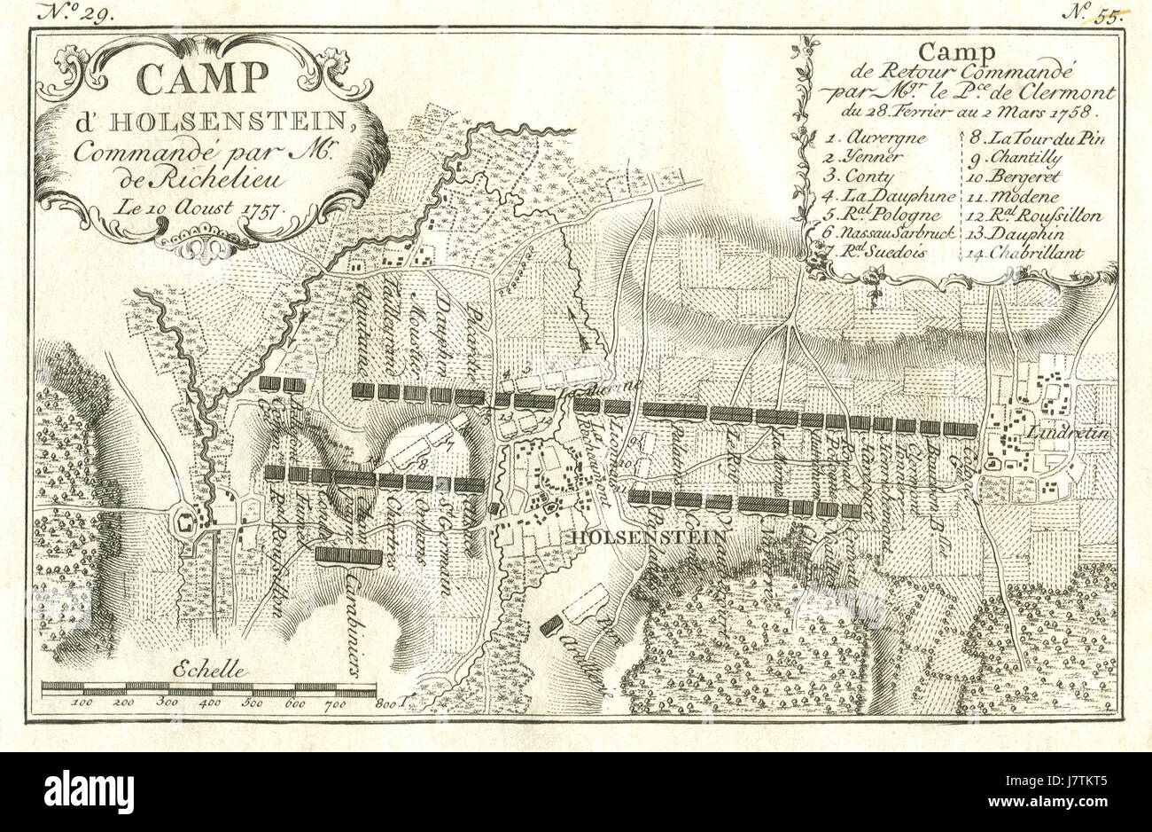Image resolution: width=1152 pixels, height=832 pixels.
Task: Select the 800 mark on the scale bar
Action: (x=385, y=704)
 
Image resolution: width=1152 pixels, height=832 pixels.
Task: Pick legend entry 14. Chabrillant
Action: (x=1025, y=253)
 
